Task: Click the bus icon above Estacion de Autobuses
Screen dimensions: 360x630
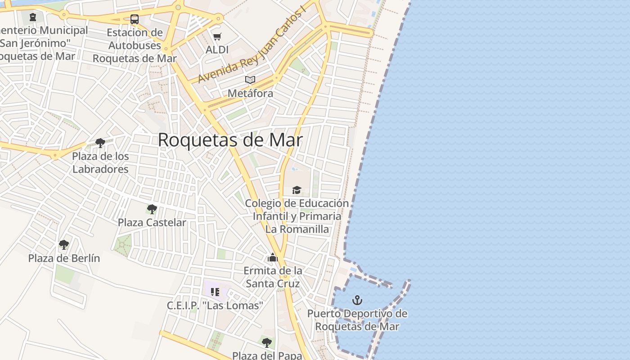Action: click(x=134, y=19)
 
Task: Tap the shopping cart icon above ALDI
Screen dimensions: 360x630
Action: click(x=217, y=36)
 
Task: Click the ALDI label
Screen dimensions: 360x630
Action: click(x=217, y=49)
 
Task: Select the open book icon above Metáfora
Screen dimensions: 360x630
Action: click(x=250, y=80)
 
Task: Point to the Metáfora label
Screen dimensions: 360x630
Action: click(x=250, y=93)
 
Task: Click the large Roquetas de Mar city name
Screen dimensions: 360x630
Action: click(x=230, y=140)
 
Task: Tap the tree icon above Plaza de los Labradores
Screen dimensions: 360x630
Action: click(x=100, y=143)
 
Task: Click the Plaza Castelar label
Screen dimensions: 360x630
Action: click(x=152, y=222)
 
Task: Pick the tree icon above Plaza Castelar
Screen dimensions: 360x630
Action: click(x=152, y=209)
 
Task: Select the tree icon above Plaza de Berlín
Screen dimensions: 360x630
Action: click(x=64, y=245)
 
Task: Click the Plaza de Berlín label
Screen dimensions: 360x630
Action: click(x=64, y=258)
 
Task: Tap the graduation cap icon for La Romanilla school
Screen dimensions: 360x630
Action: click(x=297, y=190)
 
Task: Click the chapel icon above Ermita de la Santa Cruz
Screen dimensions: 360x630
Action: click(x=272, y=257)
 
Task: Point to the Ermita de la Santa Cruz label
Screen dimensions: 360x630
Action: click(x=273, y=277)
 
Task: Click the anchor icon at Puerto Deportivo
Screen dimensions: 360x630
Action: click(x=357, y=300)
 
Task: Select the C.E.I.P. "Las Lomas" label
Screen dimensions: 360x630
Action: click(x=215, y=306)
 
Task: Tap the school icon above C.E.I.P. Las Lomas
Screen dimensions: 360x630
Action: click(x=215, y=292)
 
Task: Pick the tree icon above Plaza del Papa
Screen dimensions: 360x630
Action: click(x=267, y=342)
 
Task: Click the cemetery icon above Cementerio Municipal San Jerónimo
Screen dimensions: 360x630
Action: click(x=32, y=18)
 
